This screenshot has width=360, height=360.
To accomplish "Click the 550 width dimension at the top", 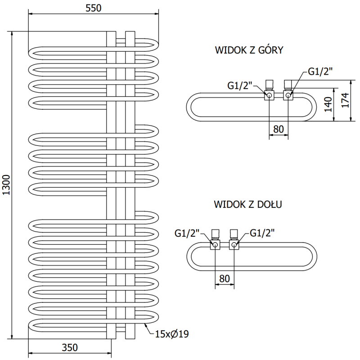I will point(94,8).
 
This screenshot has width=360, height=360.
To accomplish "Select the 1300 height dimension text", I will point(6,184).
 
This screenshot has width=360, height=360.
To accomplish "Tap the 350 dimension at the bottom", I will point(70,347).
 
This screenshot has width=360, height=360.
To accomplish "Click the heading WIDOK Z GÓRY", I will point(249,50).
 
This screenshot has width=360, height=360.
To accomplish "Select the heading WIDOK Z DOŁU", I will point(248,204).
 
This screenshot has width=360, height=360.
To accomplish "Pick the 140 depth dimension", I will point(328,104).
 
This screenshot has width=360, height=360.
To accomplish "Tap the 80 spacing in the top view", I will point(279,129).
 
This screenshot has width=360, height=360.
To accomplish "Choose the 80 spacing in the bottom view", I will point(224,278).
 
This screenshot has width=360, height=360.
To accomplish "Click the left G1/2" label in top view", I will point(240,85).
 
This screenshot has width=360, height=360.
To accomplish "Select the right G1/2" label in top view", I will point(320,71).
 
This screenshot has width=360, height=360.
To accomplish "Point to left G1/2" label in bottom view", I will point(186,233).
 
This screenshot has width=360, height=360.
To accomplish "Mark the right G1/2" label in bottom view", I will point(262,233).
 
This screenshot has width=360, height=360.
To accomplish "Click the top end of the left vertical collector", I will point(111,32).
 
